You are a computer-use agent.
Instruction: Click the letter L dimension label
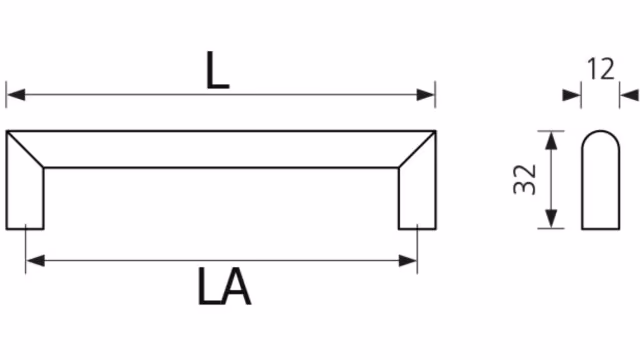pyautogui.click(x=218, y=71)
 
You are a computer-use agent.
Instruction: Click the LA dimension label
pyautogui.click(x=224, y=287)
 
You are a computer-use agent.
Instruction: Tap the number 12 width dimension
pyautogui.click(x=600, y=69)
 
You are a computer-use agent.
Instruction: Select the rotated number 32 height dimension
pyautogui.click(x=525, y=180)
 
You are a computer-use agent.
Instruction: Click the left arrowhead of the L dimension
pyautogui.click(x=16, y=95)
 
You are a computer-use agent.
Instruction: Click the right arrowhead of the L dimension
pyautogui.click(x=425, y=95)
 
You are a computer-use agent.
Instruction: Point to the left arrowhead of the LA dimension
pyautogui.click(x=36, y=260)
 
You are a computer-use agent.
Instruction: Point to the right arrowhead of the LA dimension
pyautogui.click(x=408, y=260)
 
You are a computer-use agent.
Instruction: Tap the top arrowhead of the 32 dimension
pyautogui.click(x=551, y=141)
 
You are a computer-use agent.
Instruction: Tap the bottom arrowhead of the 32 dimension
pyautogui.click(x=551, y=219)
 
